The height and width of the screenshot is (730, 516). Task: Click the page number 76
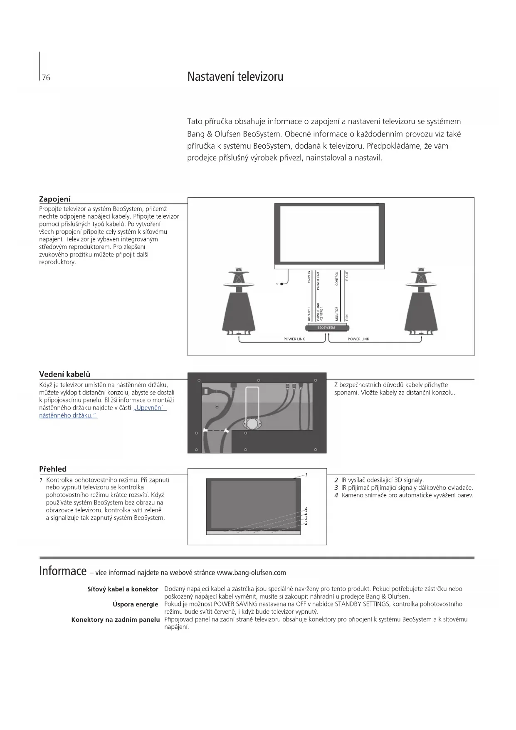tap(46, 78)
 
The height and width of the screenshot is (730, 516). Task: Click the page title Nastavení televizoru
tap(235, 77)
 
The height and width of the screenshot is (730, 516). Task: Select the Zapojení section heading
tap(55, 199)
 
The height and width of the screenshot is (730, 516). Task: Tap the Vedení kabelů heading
tap(64, 374)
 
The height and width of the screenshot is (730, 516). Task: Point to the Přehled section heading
tap(53, 469)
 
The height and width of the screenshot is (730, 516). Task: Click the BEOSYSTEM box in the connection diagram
tap(326, 328)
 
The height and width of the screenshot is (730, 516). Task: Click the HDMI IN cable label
tap(309, 277)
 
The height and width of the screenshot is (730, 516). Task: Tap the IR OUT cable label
tap(347, 276)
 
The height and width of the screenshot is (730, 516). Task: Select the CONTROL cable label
tap(337, 278)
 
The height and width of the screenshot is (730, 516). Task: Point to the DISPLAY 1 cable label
tap(309, 313)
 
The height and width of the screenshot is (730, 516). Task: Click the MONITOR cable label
tap(337, 313)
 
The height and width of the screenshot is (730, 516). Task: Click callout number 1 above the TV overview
tap(306, 475)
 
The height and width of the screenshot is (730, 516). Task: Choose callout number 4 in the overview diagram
tap(306, 509)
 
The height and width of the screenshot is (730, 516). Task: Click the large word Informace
tap(63, 571)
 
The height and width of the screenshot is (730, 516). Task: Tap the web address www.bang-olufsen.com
tap(251, 573)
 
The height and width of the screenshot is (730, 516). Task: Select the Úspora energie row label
tap(135, 604)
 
